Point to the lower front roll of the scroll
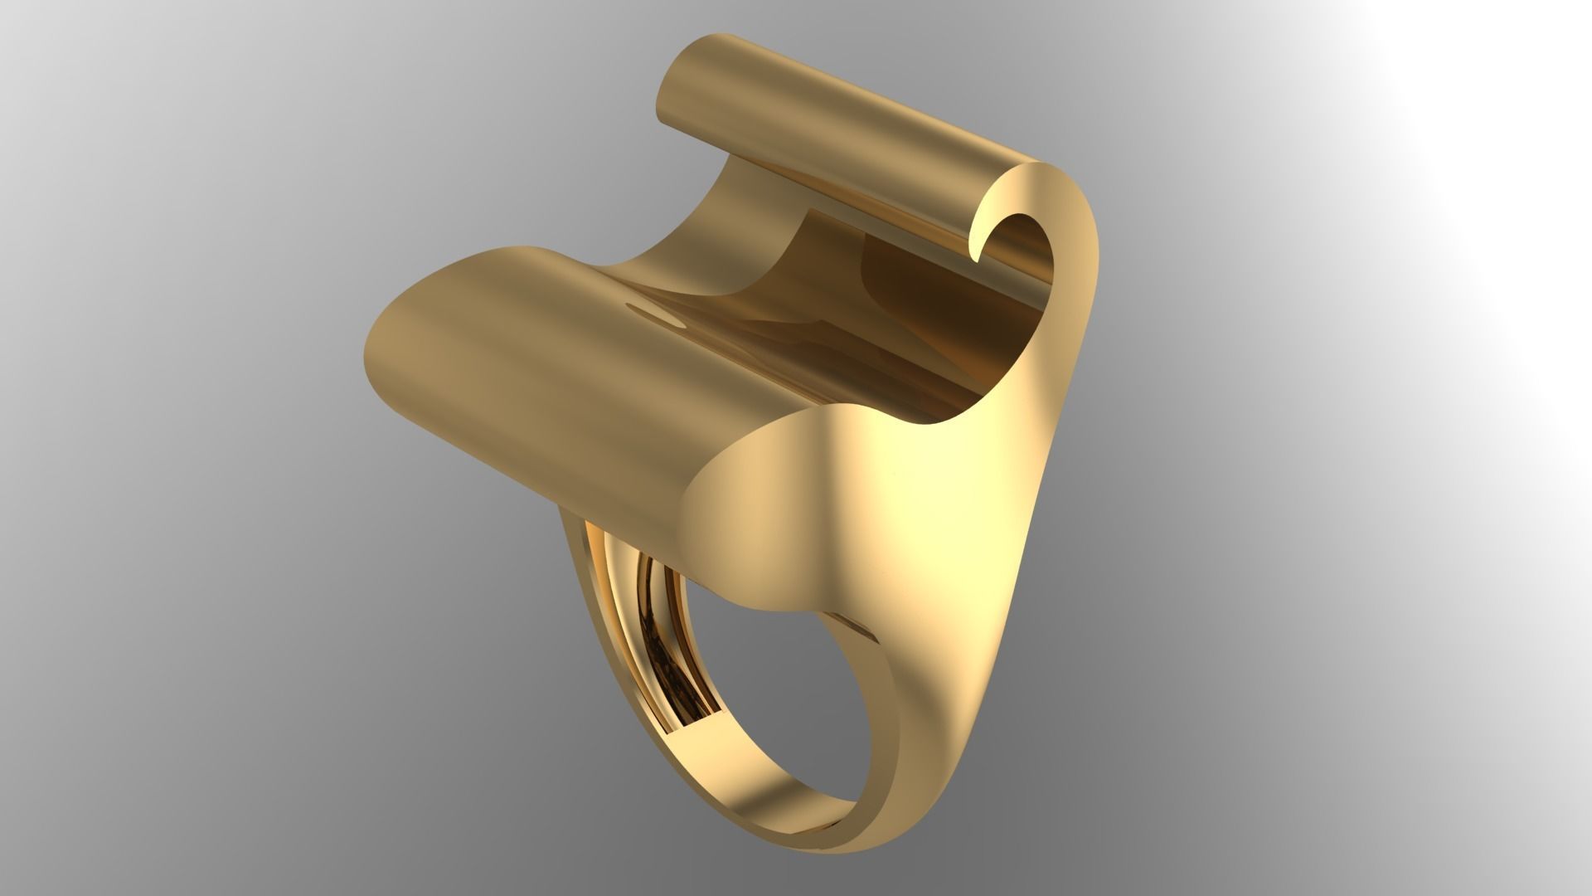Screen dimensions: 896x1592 (x=531, y=390)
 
